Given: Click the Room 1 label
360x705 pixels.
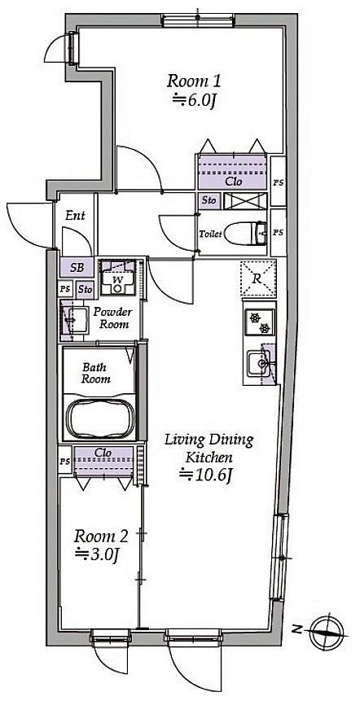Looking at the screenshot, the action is (x=194, y=82).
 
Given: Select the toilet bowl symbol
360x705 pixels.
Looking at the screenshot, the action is (x=246, y=234).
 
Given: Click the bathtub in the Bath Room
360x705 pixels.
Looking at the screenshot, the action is (x=100, y=418).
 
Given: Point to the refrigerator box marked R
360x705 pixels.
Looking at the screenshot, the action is (x=258, y=278).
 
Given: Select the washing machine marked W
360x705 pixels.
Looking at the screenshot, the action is (x=118, y=278).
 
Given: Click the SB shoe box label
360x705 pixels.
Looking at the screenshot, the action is (x=77, y=269).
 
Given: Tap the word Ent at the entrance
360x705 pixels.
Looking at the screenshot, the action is (x=75, y=216).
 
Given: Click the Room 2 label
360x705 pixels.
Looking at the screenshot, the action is (x=101, y=536).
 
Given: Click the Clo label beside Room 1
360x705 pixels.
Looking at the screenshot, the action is (x=234, y=182).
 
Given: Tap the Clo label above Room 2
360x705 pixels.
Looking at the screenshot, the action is (x=103, y=453).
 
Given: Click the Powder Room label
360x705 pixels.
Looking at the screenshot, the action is (x=113, y=317).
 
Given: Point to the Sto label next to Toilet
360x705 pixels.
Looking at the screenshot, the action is (x=209, y=201).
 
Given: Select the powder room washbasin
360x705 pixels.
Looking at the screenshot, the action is (x=75, y=320).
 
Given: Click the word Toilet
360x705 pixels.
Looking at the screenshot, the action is (x=211, y=234).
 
